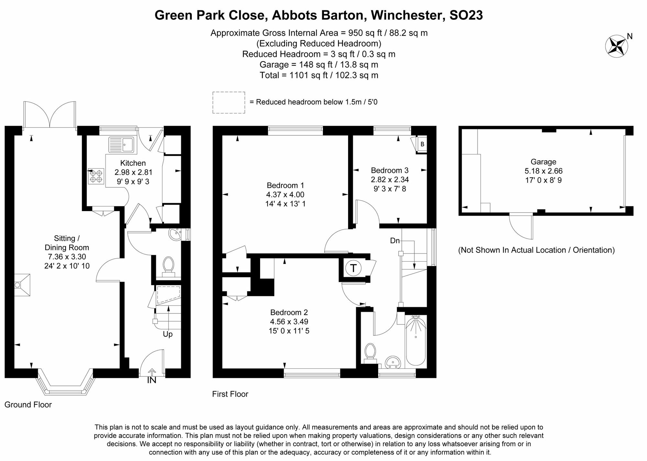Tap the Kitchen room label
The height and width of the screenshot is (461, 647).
pyautogui.click(x=133, y=163)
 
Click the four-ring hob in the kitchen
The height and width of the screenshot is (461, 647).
pyautogui.click(x=96, y=176)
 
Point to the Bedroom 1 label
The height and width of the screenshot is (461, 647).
pyautogui.click(x=285, y=186)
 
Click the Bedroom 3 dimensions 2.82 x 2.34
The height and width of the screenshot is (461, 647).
pyautogui.click(x=389, y=179)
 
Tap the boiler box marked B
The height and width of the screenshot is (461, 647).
pyautogui.click(x=422, y=144)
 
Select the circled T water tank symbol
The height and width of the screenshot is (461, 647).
pyautogui.click(x=353, y=268)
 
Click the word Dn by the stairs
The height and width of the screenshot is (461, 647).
pyautogui.click(x=395, y=241)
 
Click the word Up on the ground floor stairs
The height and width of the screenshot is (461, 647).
pyautogui.click(x=168, y=334)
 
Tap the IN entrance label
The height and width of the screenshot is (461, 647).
pyautogui.click(x=152, y=380)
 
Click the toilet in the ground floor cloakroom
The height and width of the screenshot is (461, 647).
pyautogui.click(x=168, y=264)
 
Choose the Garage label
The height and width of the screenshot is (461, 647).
pyautogui.click(x=543, y=162)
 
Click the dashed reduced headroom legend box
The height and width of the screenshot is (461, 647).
pyautogui.click(x=229, y=103)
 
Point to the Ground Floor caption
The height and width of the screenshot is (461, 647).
pyautogui.click(x=28, y=405)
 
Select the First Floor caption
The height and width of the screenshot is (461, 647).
pyautogui.click(x=230, y=394)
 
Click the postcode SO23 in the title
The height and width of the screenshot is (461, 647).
pyautogui.click(x=466, y=15)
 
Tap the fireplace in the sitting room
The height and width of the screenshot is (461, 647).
pyautogui.click(x=22, y=285)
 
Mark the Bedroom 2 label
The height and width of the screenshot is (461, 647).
pyautogui.click(x=289, y=312)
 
